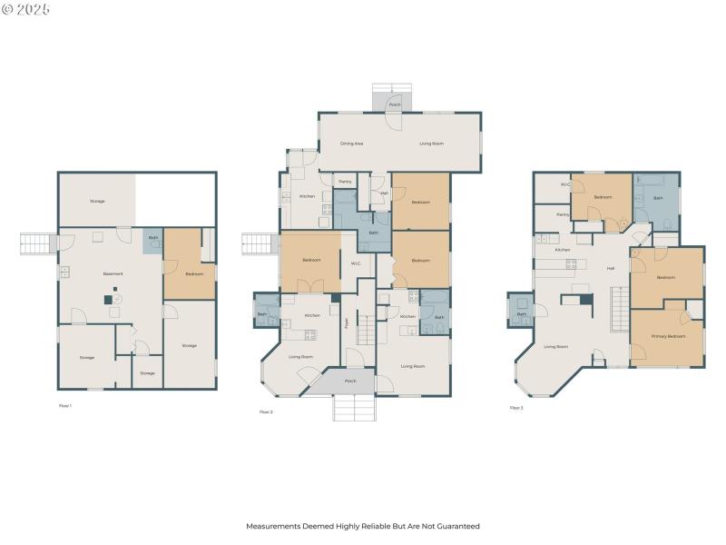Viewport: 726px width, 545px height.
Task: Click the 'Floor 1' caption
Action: click(64, 405)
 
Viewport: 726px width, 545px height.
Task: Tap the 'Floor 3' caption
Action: click(516, 408)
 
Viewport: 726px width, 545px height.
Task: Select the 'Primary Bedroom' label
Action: click(668, 337)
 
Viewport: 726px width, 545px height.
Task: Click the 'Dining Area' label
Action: click(352, 144)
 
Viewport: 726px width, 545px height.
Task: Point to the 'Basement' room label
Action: click(113, 273)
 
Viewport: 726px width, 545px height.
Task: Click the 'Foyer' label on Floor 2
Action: click(346, 323)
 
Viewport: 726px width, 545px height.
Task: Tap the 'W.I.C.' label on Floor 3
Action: click(565, 185)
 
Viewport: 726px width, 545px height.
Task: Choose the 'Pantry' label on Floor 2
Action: click(345, 182)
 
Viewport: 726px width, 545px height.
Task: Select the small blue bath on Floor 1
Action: click(152, 239)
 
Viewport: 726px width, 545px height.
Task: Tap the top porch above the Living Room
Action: click(394, 101)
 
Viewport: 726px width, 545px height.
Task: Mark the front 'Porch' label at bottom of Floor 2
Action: click(350, 381)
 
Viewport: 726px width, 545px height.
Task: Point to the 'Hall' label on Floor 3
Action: click(610, 268)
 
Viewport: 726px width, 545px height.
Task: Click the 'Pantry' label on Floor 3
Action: click(563, 215)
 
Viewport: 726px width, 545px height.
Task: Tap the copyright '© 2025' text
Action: click(26, 9)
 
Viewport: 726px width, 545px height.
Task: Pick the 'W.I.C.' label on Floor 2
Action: click(357, 264)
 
